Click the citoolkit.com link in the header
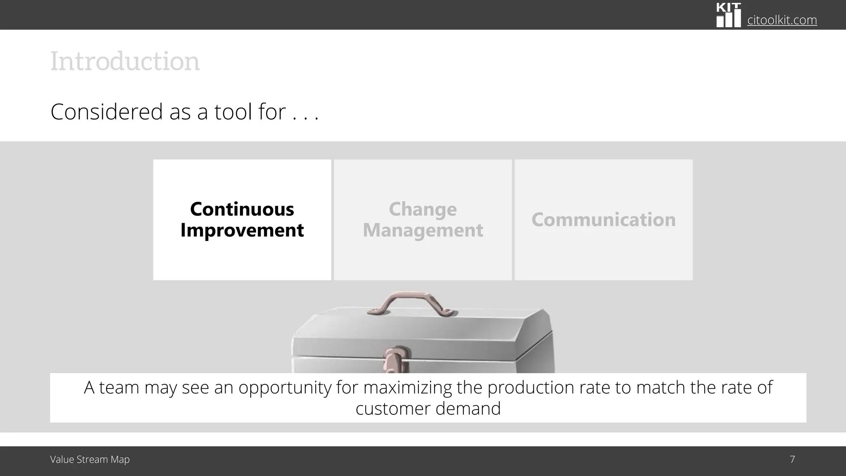pos(782,20)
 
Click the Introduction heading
pos(125,62)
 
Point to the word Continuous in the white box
pos(242,209)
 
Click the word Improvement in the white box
pos(242,230)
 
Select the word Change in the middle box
pos(423,209)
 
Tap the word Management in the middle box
pos(423,230)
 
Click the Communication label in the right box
pos(604,219)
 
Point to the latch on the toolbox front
pos(396,359)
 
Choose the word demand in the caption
pos(468,409)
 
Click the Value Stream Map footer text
pos(90,459)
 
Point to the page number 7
pos(792,459)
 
